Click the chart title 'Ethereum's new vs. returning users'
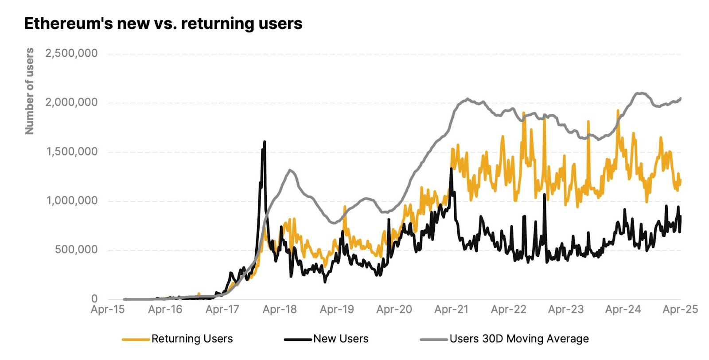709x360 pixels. (163, 23)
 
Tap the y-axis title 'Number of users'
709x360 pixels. (29, 91)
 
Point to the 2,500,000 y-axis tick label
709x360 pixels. (71, 54)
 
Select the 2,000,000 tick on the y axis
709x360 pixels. (71, 102)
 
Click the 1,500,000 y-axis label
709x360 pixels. (72, 152)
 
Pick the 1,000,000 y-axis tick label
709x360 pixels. (72, 201)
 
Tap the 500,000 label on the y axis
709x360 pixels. (76, 250)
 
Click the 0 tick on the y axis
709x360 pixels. (94, 299)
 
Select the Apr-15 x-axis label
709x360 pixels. (108, 309)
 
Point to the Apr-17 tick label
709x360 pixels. (222, 309)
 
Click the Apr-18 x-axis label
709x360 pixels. (280, 309)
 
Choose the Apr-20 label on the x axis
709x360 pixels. (394, 309)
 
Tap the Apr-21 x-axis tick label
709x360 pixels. (451, 309)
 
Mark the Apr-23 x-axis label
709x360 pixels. (566, 309)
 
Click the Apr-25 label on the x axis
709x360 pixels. (680, 309)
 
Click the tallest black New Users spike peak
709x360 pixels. (265, 142)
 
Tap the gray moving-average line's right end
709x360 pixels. (680, 98)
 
